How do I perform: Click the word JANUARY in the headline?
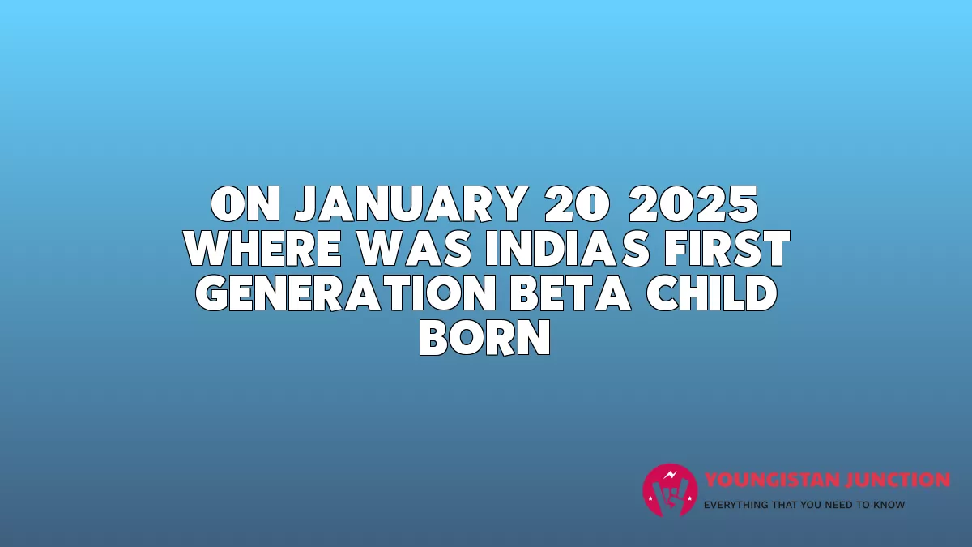411,204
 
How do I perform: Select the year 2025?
693,204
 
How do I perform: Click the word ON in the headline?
245,204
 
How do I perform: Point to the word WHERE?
263,248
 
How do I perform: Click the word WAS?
415,248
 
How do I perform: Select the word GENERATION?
345,293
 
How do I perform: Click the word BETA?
570,293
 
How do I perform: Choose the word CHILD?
712,293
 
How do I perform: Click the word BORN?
485,338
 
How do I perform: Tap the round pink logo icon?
670,490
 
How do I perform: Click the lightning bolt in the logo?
671,475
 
